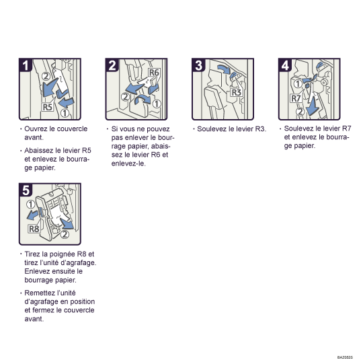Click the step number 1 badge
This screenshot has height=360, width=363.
[x=26, y=66]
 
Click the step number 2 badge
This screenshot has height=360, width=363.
[x=112, y=66]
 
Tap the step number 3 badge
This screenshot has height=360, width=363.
[x=199, y=66]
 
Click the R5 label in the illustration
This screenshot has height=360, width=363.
[x=48, y=106]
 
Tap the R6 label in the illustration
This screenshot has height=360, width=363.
[x=154, y=72]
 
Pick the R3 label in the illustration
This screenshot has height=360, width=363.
[x=235, y=93]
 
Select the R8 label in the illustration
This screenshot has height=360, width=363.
[x=34, y=229]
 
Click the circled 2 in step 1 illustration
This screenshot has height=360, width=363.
[x=45, y=75]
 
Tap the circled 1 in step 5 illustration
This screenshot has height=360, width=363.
[x=31, y=204]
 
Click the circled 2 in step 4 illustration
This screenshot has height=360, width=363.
[x=300, y=112]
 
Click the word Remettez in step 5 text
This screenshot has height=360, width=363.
[x=39, y=293]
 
